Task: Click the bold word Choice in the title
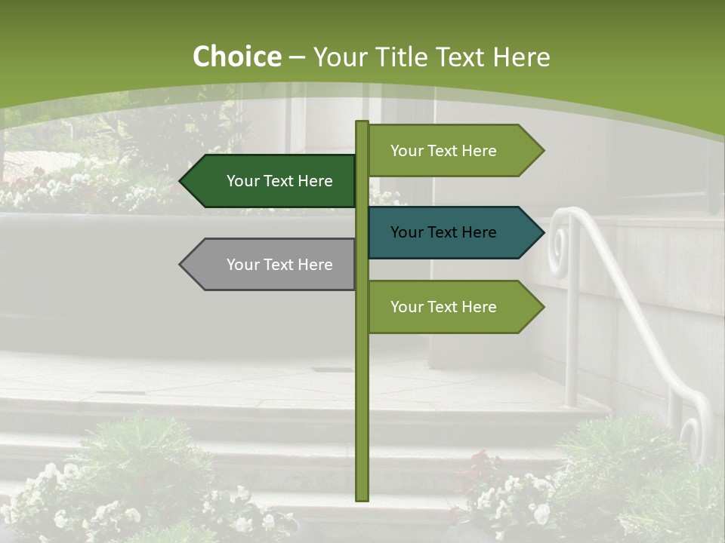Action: (x=236, y=57)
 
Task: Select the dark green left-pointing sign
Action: (x=272, y=181)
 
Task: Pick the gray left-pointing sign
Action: (x=272, y=265)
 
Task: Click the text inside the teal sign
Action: (x=443, y=232)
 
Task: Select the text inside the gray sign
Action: (x=279, y=265)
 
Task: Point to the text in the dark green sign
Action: (x=279, y=181)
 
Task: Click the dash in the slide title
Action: (x=297, y=58)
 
